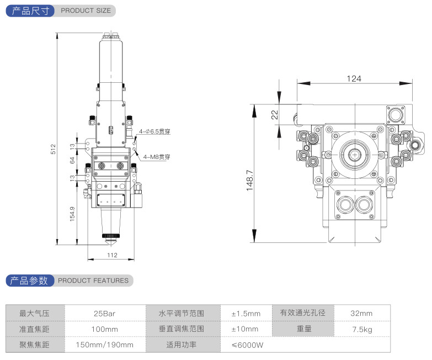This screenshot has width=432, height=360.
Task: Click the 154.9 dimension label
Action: coord(72,214)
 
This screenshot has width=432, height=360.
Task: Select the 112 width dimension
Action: coord(113,255)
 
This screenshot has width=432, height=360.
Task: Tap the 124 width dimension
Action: coord(354,78)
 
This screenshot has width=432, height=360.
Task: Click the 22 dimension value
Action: coord(275,115)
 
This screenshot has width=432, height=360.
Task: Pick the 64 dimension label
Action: coord(72,161)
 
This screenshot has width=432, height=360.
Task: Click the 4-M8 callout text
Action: coord(157,157)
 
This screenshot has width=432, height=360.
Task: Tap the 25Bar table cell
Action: coord(105,314)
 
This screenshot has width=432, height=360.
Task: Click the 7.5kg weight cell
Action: coord(362,329)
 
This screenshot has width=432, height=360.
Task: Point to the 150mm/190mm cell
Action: coord(105,345)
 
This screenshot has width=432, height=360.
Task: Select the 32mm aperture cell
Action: coord(361,314)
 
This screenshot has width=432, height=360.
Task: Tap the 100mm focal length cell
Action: coord(105,329)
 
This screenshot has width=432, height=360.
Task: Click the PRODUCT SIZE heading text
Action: coord(86,10)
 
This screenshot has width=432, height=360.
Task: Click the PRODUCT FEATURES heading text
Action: coord(93,280)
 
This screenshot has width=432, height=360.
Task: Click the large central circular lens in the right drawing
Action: coord(354,154)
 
